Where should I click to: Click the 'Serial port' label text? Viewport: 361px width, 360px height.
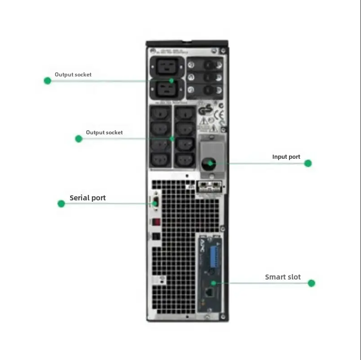(87, 198)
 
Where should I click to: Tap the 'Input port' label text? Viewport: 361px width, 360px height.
(286, 157)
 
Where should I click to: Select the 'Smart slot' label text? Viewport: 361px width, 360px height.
(283, 277)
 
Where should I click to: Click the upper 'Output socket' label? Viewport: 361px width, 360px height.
(73, 75)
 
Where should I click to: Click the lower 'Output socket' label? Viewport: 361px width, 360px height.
(104, 133)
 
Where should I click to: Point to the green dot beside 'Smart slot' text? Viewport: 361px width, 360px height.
(311, 283)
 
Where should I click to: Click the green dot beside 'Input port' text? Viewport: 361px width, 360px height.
(308, 163)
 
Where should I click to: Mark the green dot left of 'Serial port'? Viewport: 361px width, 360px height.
(62, 204)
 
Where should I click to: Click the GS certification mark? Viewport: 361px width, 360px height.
(205, 110)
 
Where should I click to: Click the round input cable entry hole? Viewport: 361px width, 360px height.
(208, 163)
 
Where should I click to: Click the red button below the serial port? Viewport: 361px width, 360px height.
(155, 223)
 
